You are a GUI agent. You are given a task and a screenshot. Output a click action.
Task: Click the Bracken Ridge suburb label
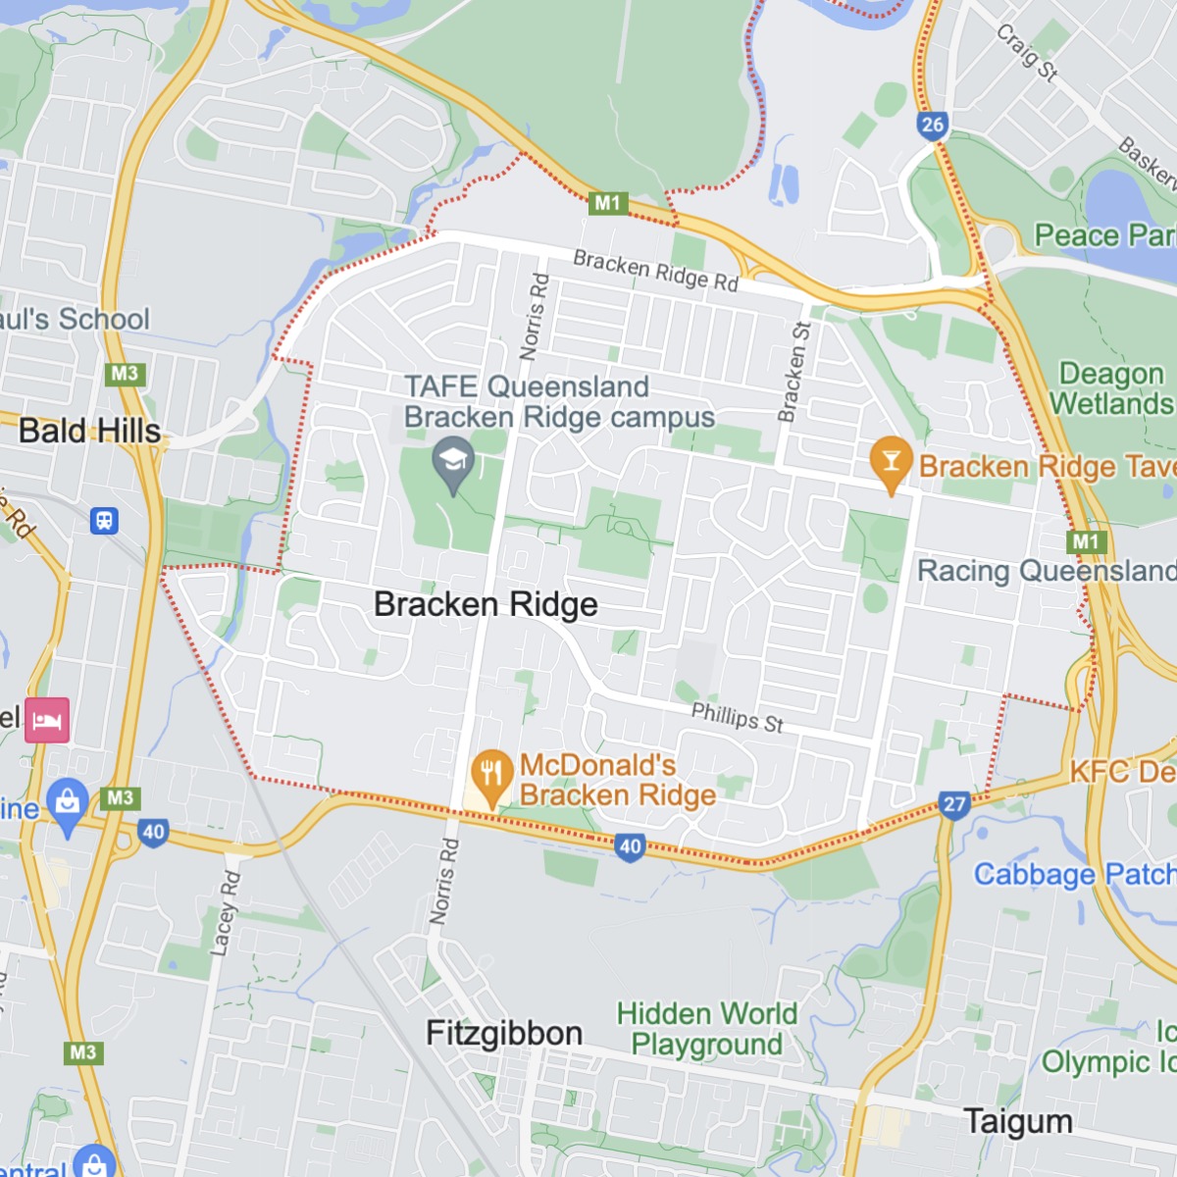pyautogui.click(x=486, y=604)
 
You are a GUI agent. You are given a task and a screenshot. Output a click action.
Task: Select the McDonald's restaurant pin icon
pyautogui.click(x=491, y=775)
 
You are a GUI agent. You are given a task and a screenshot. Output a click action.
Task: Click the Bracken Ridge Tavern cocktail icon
pyautogui.click(x=891, y=463)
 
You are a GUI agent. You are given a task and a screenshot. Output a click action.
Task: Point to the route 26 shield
pyautogui.click(x=933, y=125)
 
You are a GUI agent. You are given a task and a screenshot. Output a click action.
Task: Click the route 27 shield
pyautogui.click(x=954, y=805)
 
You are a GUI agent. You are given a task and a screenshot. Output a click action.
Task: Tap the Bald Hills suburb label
pyautogui.click(x=89, y=431)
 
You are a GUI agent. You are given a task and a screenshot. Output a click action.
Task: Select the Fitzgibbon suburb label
pyautogui.click(x=504, y=1033)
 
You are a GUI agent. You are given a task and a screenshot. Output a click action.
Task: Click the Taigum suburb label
pyautogui.click(x=1017, y=1121)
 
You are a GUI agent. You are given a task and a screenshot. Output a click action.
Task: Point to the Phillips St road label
pyautogui.click(x=738, y=718)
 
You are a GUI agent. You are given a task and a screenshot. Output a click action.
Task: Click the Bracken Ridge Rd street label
pyautogui.click(x=655, y=271)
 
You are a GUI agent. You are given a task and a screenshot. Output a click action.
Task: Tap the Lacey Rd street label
pyautogui.click(x=225, y=912)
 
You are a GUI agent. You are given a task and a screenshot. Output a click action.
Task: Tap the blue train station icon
pyautogui.click(x=104, y=521)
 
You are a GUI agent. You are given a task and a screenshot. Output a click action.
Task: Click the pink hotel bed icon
pyautogui.click(x=47, y=721)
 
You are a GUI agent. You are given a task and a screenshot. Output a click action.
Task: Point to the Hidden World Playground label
pyautogui.click(x=706, y=1028)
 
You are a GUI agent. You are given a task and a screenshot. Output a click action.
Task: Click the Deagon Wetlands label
pyautogui.click(x=1110, y=388)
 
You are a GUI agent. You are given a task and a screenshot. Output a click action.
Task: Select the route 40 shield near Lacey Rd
pyautogui.click(x=153, y=833)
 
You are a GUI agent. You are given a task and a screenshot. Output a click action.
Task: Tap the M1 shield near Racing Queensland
pyautogui.click(x=1087, y=541)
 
